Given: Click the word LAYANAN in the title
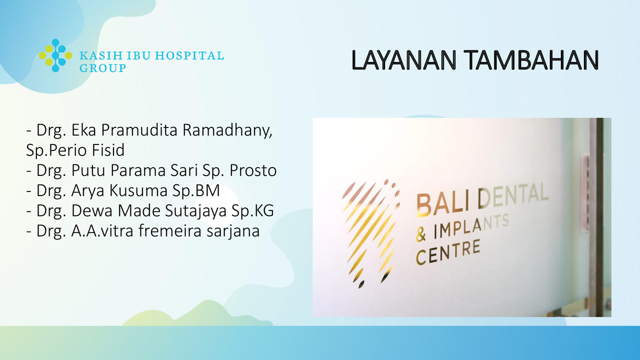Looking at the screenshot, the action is (403, 60).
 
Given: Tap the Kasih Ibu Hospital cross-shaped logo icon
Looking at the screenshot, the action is (55, 55).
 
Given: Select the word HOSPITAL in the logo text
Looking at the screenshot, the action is (189, 55).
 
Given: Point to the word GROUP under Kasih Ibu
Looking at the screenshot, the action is (103, 68).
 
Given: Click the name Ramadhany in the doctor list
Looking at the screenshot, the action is (227, 130).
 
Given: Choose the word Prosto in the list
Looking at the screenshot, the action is (253, 170).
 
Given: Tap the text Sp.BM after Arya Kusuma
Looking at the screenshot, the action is (196, 191).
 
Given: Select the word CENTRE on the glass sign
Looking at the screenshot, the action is (447, 252).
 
